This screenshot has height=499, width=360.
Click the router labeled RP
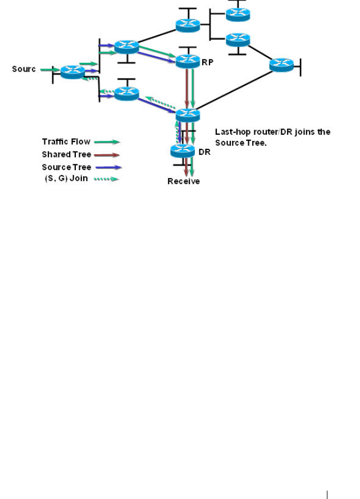coord(188,61)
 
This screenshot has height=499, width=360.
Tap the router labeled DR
coord(182,151)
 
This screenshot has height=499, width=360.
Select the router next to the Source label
coord(72,71)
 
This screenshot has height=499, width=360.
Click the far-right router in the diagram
coord(281,65)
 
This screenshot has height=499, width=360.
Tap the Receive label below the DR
coord(183,182)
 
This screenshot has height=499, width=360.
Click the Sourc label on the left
coord(24,69)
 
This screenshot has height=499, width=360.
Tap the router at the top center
coord(187,25)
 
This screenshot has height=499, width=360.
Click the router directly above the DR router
coord(188,115)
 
